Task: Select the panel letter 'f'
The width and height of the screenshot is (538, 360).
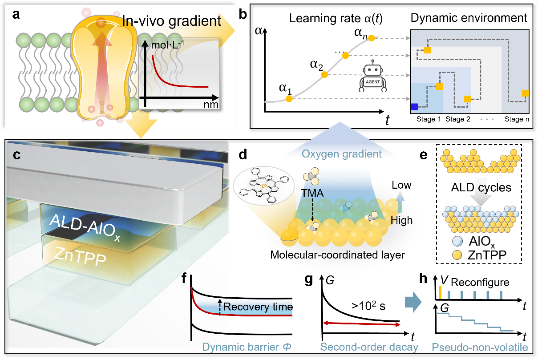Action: coord(185,279)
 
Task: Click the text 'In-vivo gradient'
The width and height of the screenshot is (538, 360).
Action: coord(172,21)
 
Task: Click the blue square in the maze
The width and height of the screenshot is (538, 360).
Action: coord(415,106)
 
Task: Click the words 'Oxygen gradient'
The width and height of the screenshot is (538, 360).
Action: coord(342,154)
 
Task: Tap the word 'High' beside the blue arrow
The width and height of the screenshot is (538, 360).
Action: coord(401,220)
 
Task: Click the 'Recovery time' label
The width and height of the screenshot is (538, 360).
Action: coord(258,307)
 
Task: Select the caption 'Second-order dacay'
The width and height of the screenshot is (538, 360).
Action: coord(369,347)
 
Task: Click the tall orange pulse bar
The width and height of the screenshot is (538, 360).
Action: coord(440,292)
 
